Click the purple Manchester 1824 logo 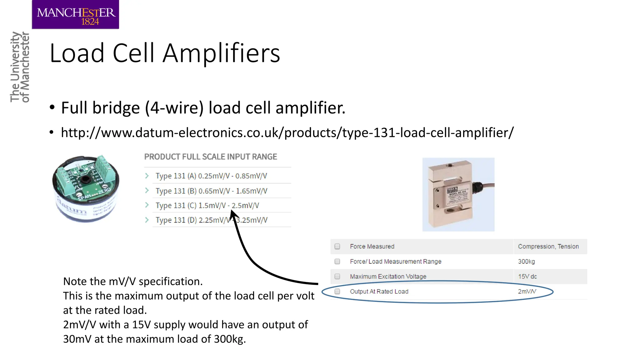(x=75, y=15)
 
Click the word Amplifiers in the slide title (x=221, y=53)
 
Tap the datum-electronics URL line (x=287, y=132)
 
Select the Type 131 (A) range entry (x=211, y=176)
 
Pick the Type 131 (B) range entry (x=211, y=191)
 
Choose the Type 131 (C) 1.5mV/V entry (x=207, y=206)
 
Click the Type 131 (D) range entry (x=211, y=220)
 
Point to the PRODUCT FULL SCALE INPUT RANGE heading (x=211, y=157)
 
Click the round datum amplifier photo (x=86, y=188)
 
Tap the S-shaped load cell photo (x=458, y=194)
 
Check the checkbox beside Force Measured (x=337, y=247)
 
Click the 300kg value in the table (x=526, y=262)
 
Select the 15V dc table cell (x=527, y=277)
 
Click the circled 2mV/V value (x=527, y=292)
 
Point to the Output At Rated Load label (x=379, y=292)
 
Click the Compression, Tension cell (x=548, y=247)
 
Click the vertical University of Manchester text (x=20, y=67)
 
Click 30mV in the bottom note (x=77, y=339)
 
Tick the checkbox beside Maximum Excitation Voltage (x=337, y=277)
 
